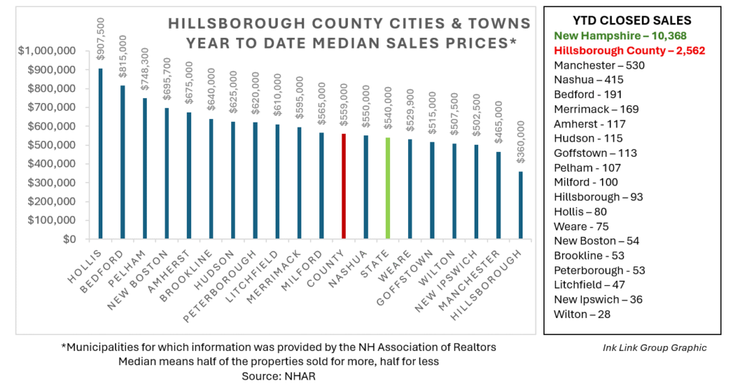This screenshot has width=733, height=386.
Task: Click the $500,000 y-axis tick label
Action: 49,145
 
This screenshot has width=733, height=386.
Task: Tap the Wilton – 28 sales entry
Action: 582,314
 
